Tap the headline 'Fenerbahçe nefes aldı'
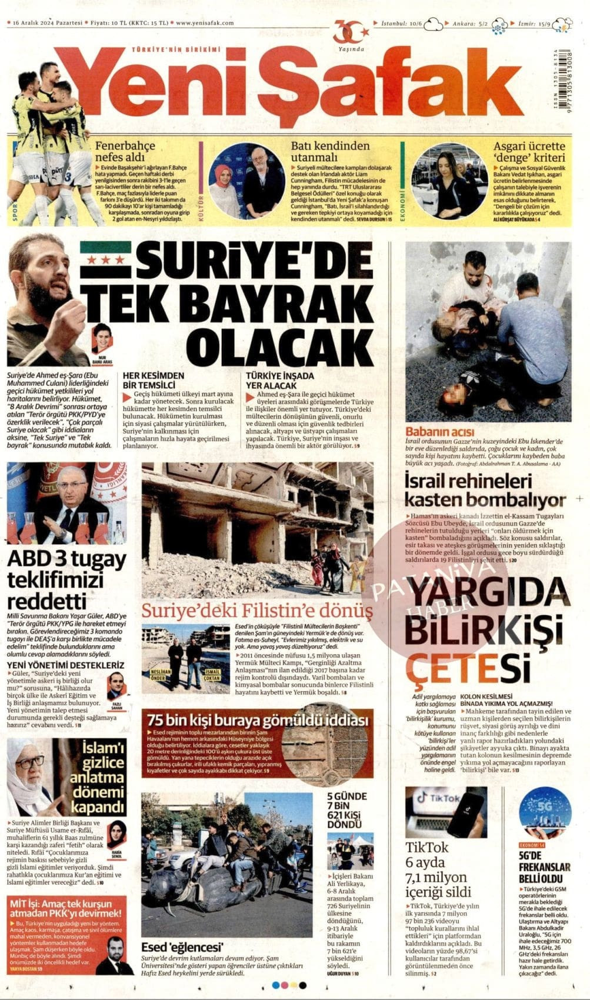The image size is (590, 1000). [x=117, y=152]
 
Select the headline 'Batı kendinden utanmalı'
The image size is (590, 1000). [x=331, y=152]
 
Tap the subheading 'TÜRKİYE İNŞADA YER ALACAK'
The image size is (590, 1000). [x=280, y=380]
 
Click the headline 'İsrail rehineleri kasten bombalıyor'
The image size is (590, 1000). [x=485, y=491]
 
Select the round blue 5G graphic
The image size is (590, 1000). [x=545, y=812]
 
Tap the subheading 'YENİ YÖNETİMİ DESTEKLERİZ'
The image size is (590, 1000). [x=65, y=665]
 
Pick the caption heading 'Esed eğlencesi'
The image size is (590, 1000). [x=182, y=947]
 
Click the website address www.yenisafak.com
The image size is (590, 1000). [x=205, y=24]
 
